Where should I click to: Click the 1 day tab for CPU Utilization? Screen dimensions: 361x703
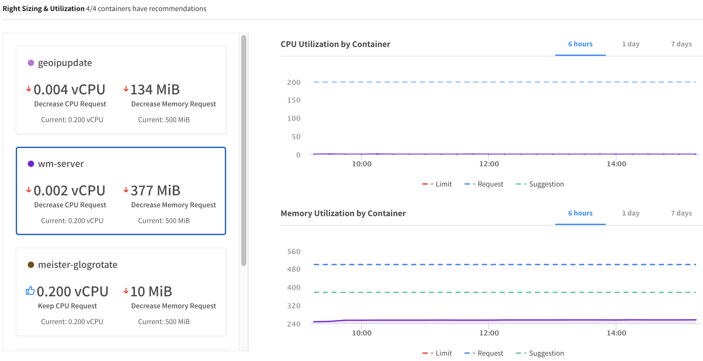[x=631, y=44]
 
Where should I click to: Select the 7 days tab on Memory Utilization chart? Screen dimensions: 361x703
[x=681, y=213]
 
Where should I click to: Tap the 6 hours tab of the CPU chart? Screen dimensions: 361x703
[x=580, y=44]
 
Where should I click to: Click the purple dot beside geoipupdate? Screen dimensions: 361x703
[x=31, y=63]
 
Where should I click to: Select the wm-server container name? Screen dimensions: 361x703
[x=61, y=164]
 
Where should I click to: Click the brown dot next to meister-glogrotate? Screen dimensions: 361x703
[x=31, y=265]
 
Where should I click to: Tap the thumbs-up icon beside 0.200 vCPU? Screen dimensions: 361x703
[x=30, y=291]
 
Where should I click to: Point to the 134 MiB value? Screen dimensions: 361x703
[x=155, y=90]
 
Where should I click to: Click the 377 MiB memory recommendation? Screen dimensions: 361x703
[x=155, y=191]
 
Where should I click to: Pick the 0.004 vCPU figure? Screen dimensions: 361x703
[x=69, y=90]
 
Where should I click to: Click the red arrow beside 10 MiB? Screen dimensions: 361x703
[x=126, y=291]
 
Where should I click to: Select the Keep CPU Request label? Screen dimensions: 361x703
[x=67, y=306]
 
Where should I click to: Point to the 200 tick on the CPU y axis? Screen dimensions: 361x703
[x=294, y=82]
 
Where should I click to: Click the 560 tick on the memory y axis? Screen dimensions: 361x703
[x=294, y=252]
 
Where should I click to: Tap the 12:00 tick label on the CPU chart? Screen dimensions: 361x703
[x=489, y=164]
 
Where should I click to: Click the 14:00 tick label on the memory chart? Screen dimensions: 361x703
[x=616, y=333]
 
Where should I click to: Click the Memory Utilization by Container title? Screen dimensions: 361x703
[x=343, y=213]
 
